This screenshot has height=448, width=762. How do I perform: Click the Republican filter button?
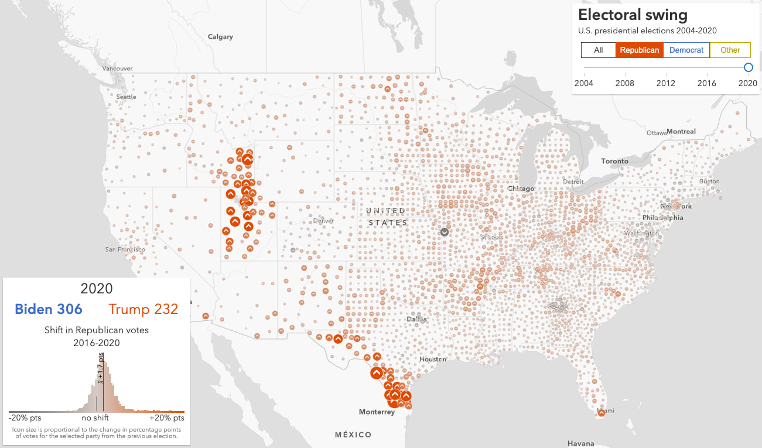639,50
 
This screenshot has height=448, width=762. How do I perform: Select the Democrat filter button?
686,50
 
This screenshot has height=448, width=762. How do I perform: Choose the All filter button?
598,50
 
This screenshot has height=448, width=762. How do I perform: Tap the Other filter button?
730,50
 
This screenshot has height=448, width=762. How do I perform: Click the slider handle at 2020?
748,67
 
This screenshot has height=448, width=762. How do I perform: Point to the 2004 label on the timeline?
583,83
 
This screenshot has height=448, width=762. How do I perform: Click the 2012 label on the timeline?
665,83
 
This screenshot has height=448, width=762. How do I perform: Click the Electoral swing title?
633,15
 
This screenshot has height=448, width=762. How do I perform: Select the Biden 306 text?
49,309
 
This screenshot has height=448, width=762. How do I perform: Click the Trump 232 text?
143,309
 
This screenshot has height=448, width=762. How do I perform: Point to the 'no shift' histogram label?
95,418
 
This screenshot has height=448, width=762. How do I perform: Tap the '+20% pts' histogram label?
167,418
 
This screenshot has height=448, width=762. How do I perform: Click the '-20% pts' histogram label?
25,418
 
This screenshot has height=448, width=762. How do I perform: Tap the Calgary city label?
220,37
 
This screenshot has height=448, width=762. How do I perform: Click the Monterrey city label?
377,412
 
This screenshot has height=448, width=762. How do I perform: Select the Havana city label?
581,443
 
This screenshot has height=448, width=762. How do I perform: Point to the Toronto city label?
614,161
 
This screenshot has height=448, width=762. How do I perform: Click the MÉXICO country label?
353,435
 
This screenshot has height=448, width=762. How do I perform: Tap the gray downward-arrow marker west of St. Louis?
445,232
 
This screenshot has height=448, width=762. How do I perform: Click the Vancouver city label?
117,69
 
